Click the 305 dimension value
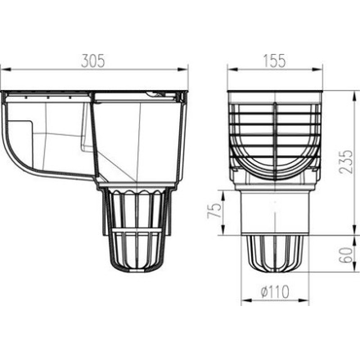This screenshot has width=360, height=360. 93,61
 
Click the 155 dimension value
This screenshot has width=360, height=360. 274,61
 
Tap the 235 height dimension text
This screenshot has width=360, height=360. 346,162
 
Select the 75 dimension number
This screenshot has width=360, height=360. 214,210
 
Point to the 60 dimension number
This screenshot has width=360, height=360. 346,255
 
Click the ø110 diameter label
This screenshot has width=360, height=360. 275,291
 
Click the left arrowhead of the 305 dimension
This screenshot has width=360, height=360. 6,69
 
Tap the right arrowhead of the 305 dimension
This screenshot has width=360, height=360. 183,69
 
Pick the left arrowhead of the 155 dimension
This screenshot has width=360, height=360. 232,70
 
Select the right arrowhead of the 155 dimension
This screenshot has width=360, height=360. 317,70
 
